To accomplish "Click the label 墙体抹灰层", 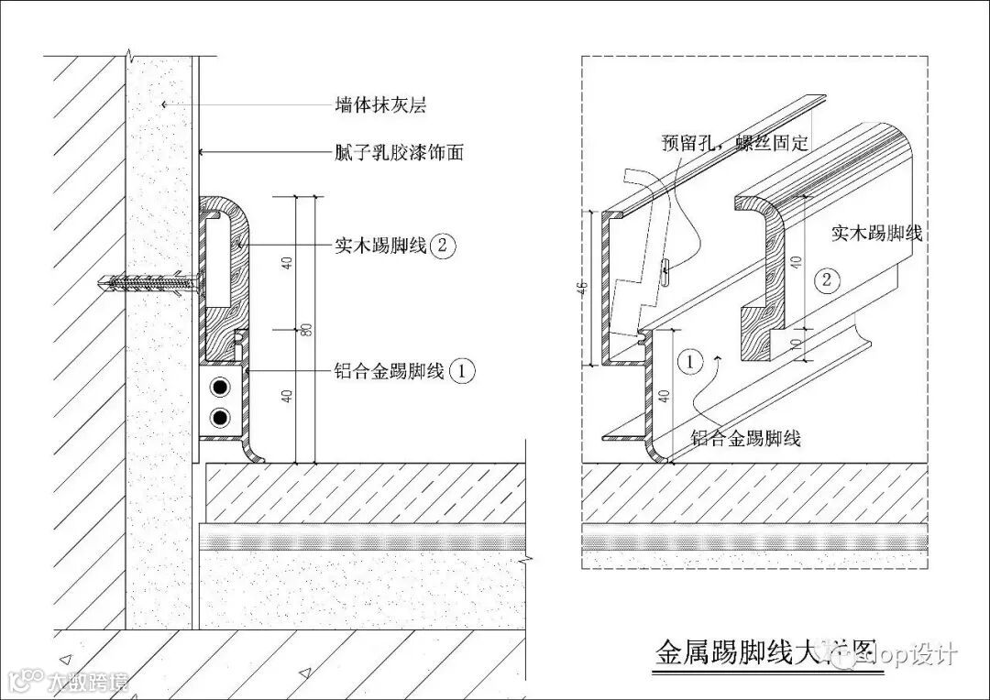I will tap(379, 105).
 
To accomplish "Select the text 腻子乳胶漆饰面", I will tap(398, 152).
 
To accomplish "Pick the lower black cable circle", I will tap(220, 419).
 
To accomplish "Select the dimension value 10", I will tap(796, 345).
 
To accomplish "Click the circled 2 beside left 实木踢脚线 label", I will tap(443, 246).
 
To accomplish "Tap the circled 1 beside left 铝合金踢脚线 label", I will tap(464, 371).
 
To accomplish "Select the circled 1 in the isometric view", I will tap(690, 362).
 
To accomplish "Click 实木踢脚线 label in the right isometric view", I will tap(876, 233).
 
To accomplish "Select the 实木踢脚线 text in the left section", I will tap(379, 246).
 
